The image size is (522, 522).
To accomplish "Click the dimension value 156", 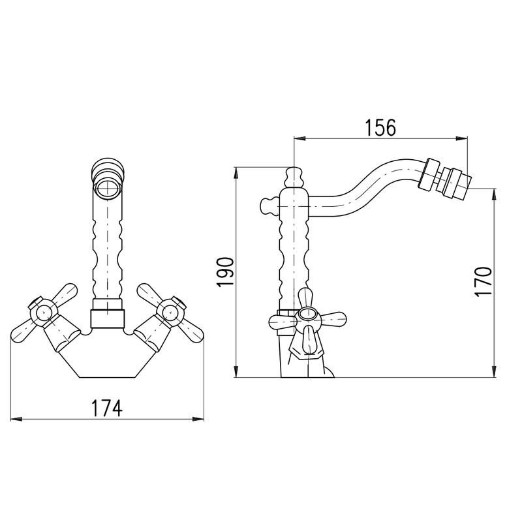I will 380,128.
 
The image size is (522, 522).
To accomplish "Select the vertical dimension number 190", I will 224,272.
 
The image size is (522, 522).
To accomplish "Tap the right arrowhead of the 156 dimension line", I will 464,138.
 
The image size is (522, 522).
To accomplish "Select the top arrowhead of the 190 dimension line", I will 235,171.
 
